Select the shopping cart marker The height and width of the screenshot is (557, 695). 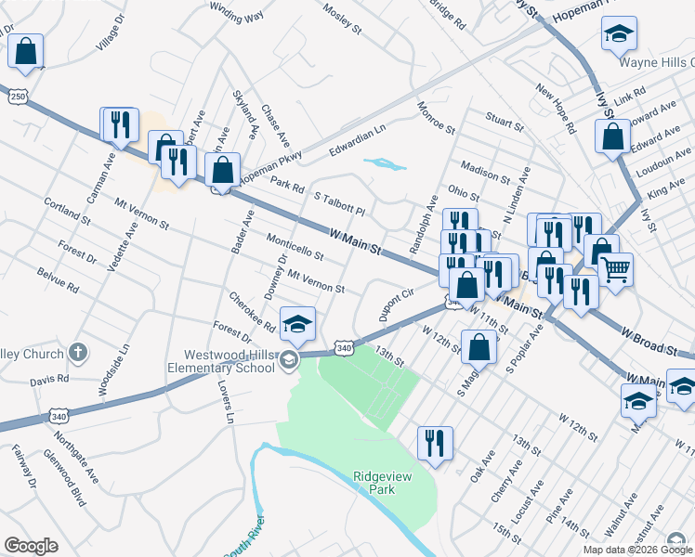(x=615, y=270)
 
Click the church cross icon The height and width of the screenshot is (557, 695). (x=79, y=354)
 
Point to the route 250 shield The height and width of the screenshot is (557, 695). (x=18, y=96)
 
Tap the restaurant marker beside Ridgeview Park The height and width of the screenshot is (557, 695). (x=435, y=443)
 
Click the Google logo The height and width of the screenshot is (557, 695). (x=31, y=545)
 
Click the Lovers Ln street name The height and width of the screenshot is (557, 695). (x=224, y=402)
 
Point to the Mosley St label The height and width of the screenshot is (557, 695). (x=342, y=19)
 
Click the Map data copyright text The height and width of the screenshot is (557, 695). (x=636, y=550)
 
